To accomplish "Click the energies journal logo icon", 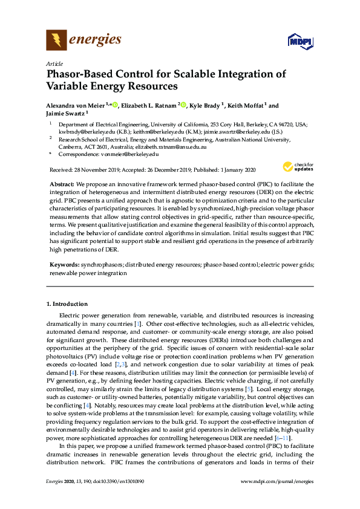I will click(56, 41).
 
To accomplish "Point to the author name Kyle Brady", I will click(205, 105).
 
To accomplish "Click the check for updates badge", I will click(296, 166).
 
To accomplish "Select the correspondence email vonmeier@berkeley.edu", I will click(131, 154).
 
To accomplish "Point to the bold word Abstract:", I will click(61, 183).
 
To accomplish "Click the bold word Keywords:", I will click(64, 265).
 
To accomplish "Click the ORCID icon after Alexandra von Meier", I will click(114, 105).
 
